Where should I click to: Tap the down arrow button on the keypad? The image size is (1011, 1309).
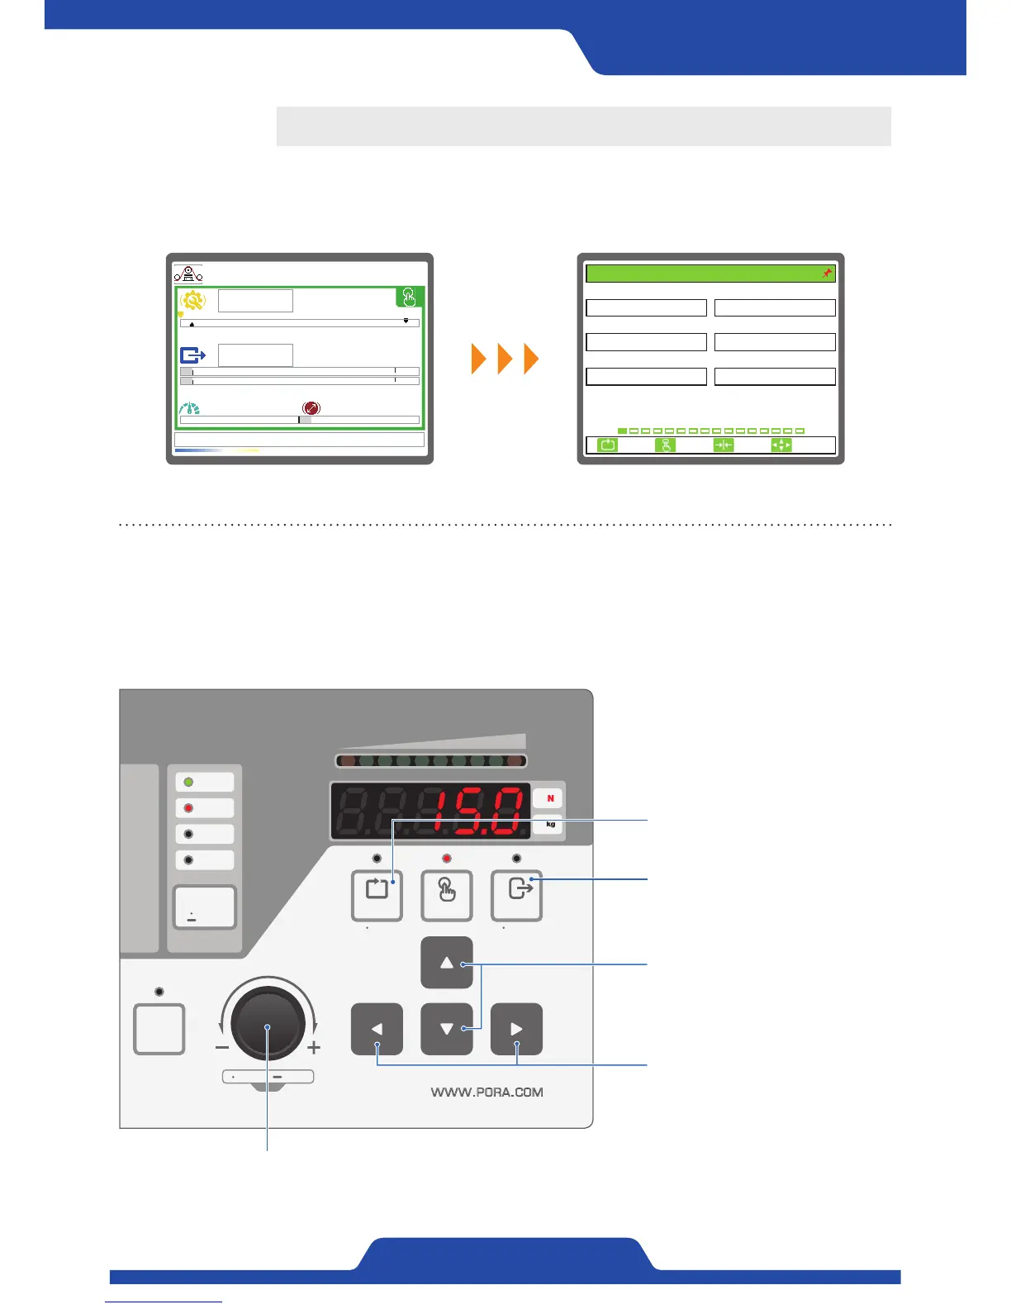click(x=447, y=1029)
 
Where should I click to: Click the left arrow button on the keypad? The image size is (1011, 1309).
click(x=377, y=1029)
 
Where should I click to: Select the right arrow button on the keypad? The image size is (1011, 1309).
click(x=516, y=1029)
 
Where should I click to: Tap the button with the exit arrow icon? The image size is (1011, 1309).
click(x=516, y=895)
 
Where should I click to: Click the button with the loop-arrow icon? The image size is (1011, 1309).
click(x=377, y=895)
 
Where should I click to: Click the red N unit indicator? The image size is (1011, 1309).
click(x=550, y=798)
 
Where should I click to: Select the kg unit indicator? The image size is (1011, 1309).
click(x=550, y=825)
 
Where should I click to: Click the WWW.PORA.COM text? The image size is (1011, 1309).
click(x=487, y=1092)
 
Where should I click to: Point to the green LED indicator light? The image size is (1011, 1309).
click(x=188, y=782)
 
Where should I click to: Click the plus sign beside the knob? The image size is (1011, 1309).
click(x=314, y=1048)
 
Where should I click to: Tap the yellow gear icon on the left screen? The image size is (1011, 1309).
click(x=192, y=301)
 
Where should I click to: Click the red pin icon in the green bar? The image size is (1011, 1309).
click(x=827, y=274)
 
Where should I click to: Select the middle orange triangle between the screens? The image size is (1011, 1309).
click(x=505, y=360)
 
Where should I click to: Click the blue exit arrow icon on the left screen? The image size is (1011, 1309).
click(x=192, y=355)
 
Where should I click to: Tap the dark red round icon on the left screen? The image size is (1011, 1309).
click(x=311, y=408)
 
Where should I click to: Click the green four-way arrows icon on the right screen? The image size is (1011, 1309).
click(x=781, y=445)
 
